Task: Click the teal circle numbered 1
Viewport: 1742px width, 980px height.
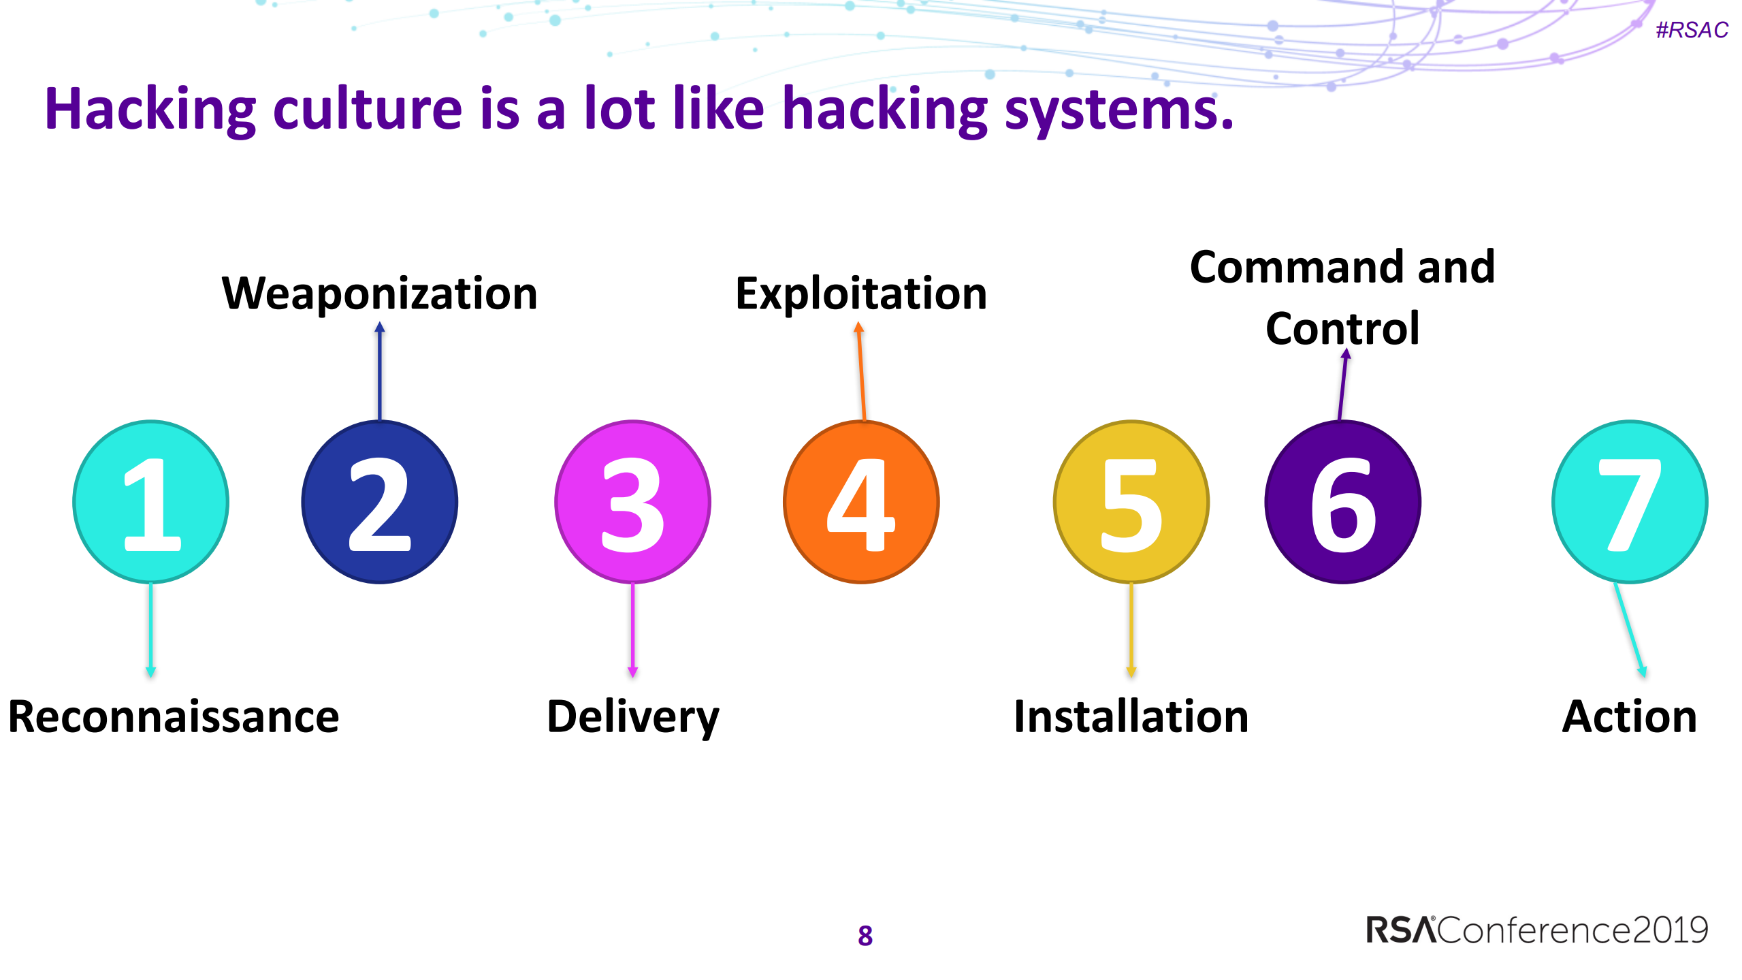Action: pyautogui.click(x=150, y=502)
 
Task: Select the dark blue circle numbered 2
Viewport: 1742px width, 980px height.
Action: pyautogui.click(x=379, y=502)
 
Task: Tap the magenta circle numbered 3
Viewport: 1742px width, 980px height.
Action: pyautogui.click(x=632, y=502)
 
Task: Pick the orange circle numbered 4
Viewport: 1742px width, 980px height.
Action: pyautogui.click(x=861, y=502)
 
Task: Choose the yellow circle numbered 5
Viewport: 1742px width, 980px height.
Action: pyautogui.click(x=1131, y=502)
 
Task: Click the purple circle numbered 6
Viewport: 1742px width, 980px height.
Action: pyautogui.click(x=1342, y=502)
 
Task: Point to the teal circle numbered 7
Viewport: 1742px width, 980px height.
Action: pyautogui.click(x=1630, y=502)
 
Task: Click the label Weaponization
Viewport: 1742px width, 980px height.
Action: pyautogui.click(x=379, y=294)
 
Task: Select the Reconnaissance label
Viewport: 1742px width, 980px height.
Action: pyautogui.click(x=174, y=716)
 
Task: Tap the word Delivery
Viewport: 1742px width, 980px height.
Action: pyautogui.click(x=632, y=716)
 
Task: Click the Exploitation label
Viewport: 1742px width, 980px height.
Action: pyautogui.click(x=861, y=294)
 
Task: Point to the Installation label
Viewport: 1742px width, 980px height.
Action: pyautogui.click(x=1131, y=716)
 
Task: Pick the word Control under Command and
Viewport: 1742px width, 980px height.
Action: pyautogui.click(x=1342, y=328)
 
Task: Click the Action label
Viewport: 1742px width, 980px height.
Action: pyautogui.click(x=1630, y=716)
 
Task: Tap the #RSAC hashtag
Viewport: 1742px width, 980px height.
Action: pyautogui.click(x=1692, y=30)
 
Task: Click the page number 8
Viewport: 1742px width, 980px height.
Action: pyautogui.click(x=865, y=936)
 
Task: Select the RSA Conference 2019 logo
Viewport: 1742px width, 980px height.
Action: pyautogui.click(x=1537, y=930)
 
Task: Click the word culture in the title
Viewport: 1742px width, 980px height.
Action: pyautogui.click(x=368, y=109)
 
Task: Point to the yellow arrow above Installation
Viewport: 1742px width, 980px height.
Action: pyautogui.click(x=1131, y=630)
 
